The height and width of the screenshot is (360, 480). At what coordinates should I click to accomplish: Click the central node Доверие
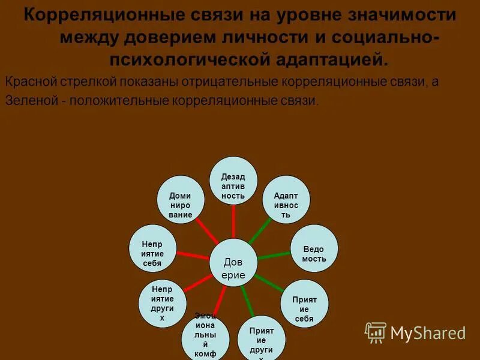click(x=233, y=262)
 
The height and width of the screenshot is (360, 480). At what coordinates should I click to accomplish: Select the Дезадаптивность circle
click(x=233, y=181)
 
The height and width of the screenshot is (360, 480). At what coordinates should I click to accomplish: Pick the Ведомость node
click(x=314, y=248)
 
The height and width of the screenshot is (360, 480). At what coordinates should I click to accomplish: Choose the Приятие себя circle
click(x=304, y=303)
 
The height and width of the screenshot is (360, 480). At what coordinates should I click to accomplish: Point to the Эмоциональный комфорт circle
click(x=206, y=336)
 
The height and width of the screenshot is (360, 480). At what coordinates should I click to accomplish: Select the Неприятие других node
click(x=162, y=304)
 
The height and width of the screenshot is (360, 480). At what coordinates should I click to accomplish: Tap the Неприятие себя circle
click(x=152, y=248)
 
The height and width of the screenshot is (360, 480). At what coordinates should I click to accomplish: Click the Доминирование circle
click(x=180, y=200)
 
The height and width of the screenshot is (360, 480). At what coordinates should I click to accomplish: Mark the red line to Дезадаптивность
click(x=233, y=221)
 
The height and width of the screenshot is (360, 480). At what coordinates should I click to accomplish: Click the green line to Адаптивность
click(x=259, y=231)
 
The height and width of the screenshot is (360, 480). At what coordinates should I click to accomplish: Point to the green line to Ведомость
click(x=274, y=254)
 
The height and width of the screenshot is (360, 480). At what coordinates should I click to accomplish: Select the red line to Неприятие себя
click(x=193, y=254)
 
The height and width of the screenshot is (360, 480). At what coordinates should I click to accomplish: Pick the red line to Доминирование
click(x=207, y=230)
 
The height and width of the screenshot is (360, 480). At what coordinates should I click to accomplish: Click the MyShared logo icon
click(x=376, y=332)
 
